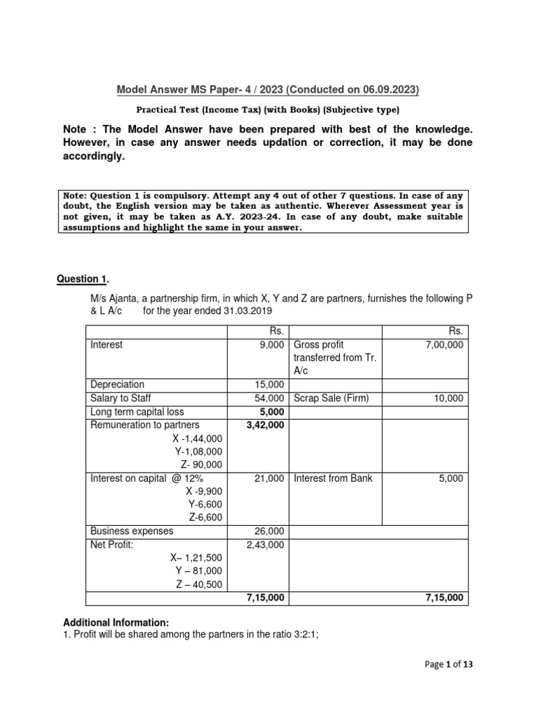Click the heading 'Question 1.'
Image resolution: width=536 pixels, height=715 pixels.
pyautogui.click(x=82, y=279)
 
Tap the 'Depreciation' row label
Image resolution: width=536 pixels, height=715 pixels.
pyautogui.click(x=117, y=385)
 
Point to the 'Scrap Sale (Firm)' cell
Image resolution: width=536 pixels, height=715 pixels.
pyautogui.click(x=331, y=398)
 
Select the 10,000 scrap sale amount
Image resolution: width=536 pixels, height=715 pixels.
pyautogui.click(x=448, y=398)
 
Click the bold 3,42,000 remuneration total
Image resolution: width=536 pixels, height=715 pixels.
pyautogui.click(x=265, y=425)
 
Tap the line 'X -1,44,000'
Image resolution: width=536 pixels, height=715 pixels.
pyautogui.click(x=198, y=438)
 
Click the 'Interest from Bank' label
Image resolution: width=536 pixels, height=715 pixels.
pyautogui.click(x=334, y=478)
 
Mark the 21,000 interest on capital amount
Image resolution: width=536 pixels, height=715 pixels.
pyautogui.click(x=267, y=478)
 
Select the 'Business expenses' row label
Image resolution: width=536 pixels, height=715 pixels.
pyautogui.click(x=132, y=531)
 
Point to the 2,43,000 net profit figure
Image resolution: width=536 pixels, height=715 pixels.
pyautogui.click(x=265, y=545)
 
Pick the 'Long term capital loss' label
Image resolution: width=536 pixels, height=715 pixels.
pyautogui.click(x=136, y=411)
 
